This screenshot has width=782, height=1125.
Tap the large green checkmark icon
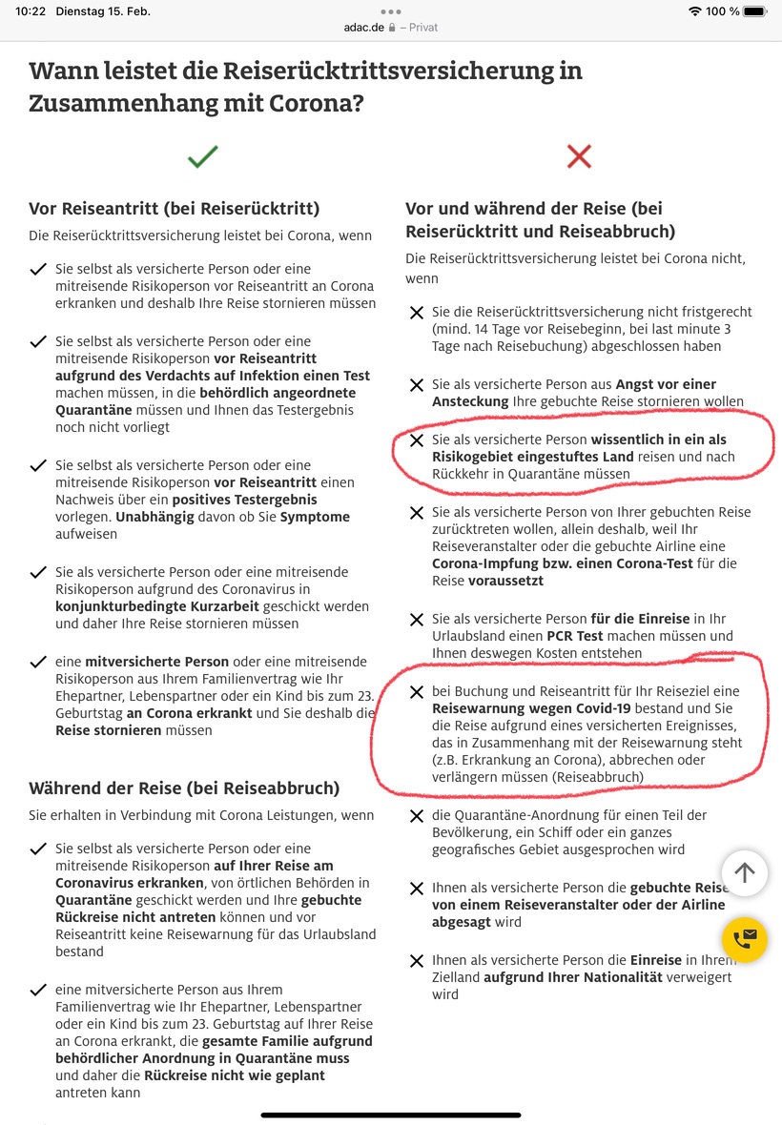[203, 156]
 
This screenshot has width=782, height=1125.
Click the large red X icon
[579, 156]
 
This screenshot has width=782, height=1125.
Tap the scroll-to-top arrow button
[745, 872]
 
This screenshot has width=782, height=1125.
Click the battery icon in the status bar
[754, 11]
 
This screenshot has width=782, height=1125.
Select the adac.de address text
[363, 28]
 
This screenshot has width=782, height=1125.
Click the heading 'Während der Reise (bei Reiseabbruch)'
[184, 788]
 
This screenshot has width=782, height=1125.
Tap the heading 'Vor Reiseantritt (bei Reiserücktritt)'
[174, 209]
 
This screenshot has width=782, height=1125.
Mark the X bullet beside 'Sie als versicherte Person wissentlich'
[416, 440]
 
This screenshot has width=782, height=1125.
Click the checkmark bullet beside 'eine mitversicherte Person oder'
[38, 662]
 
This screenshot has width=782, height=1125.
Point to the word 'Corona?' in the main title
[311, 103]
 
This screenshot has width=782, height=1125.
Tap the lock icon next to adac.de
[392, 28]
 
